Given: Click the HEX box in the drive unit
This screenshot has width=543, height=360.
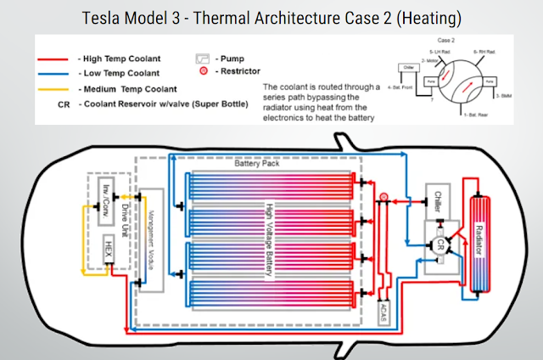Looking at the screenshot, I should tap(109, 252).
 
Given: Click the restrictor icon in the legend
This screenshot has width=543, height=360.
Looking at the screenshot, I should tap(204, 72).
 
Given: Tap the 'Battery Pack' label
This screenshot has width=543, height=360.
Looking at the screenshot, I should tap(256, 163).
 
